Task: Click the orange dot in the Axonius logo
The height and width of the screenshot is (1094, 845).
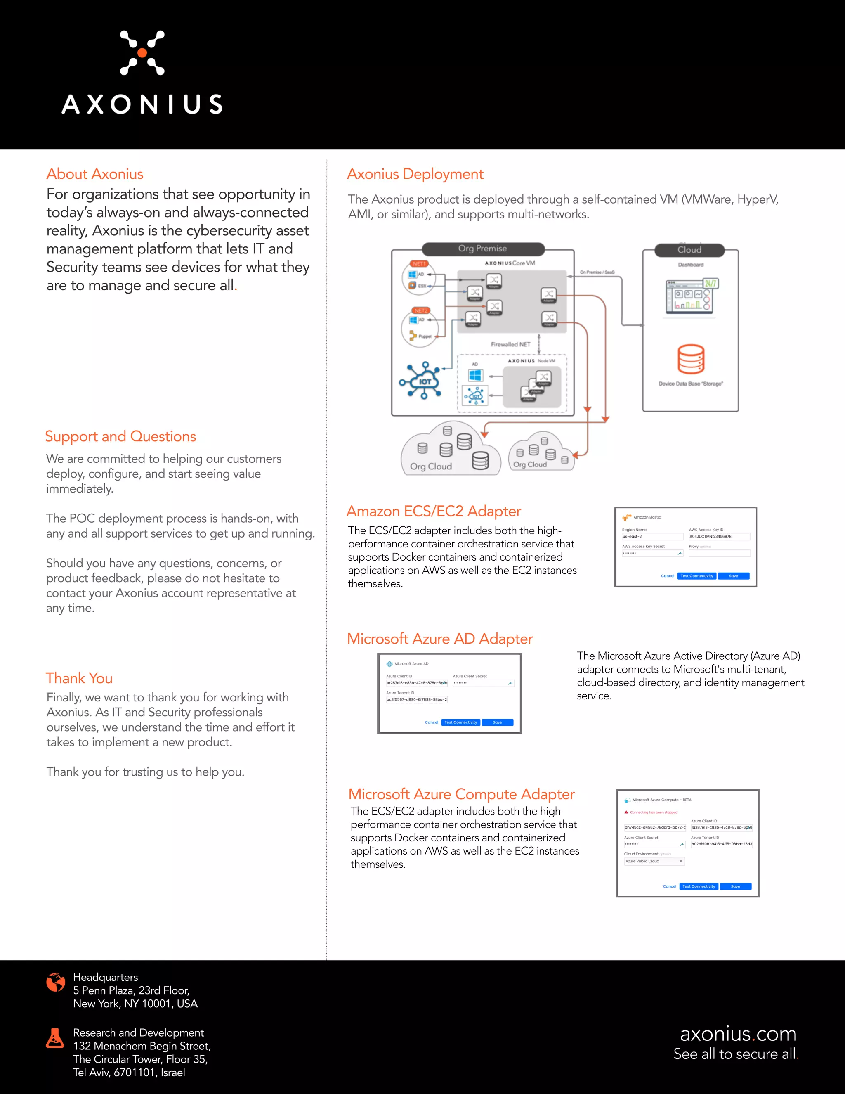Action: (x=142, y=52)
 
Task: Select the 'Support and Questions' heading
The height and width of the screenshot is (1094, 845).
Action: (x=120, y=436)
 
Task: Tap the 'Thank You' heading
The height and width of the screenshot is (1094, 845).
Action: (x=79, y=678)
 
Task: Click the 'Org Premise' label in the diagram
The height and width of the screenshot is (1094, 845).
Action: (x=483, y=249)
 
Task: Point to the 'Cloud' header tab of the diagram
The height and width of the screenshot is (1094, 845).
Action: (x=689, y=249)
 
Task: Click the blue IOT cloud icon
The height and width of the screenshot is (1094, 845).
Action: (x=423, y=381)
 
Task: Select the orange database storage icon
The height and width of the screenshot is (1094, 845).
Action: (x=691, y=359)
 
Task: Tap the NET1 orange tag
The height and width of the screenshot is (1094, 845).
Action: (x=419, y=263)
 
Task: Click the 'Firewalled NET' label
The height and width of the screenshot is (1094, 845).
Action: (x=510, y=345)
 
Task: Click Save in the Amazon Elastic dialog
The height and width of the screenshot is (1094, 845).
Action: (x=733, y=576)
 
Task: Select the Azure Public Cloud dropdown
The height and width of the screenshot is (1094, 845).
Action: (x=654, y=861)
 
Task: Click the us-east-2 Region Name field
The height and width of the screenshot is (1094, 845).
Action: (x=652, y=537)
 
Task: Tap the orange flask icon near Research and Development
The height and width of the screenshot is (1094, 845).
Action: (x=55, y=1038)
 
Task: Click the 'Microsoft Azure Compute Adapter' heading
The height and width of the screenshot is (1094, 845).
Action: (x=461, y=794)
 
